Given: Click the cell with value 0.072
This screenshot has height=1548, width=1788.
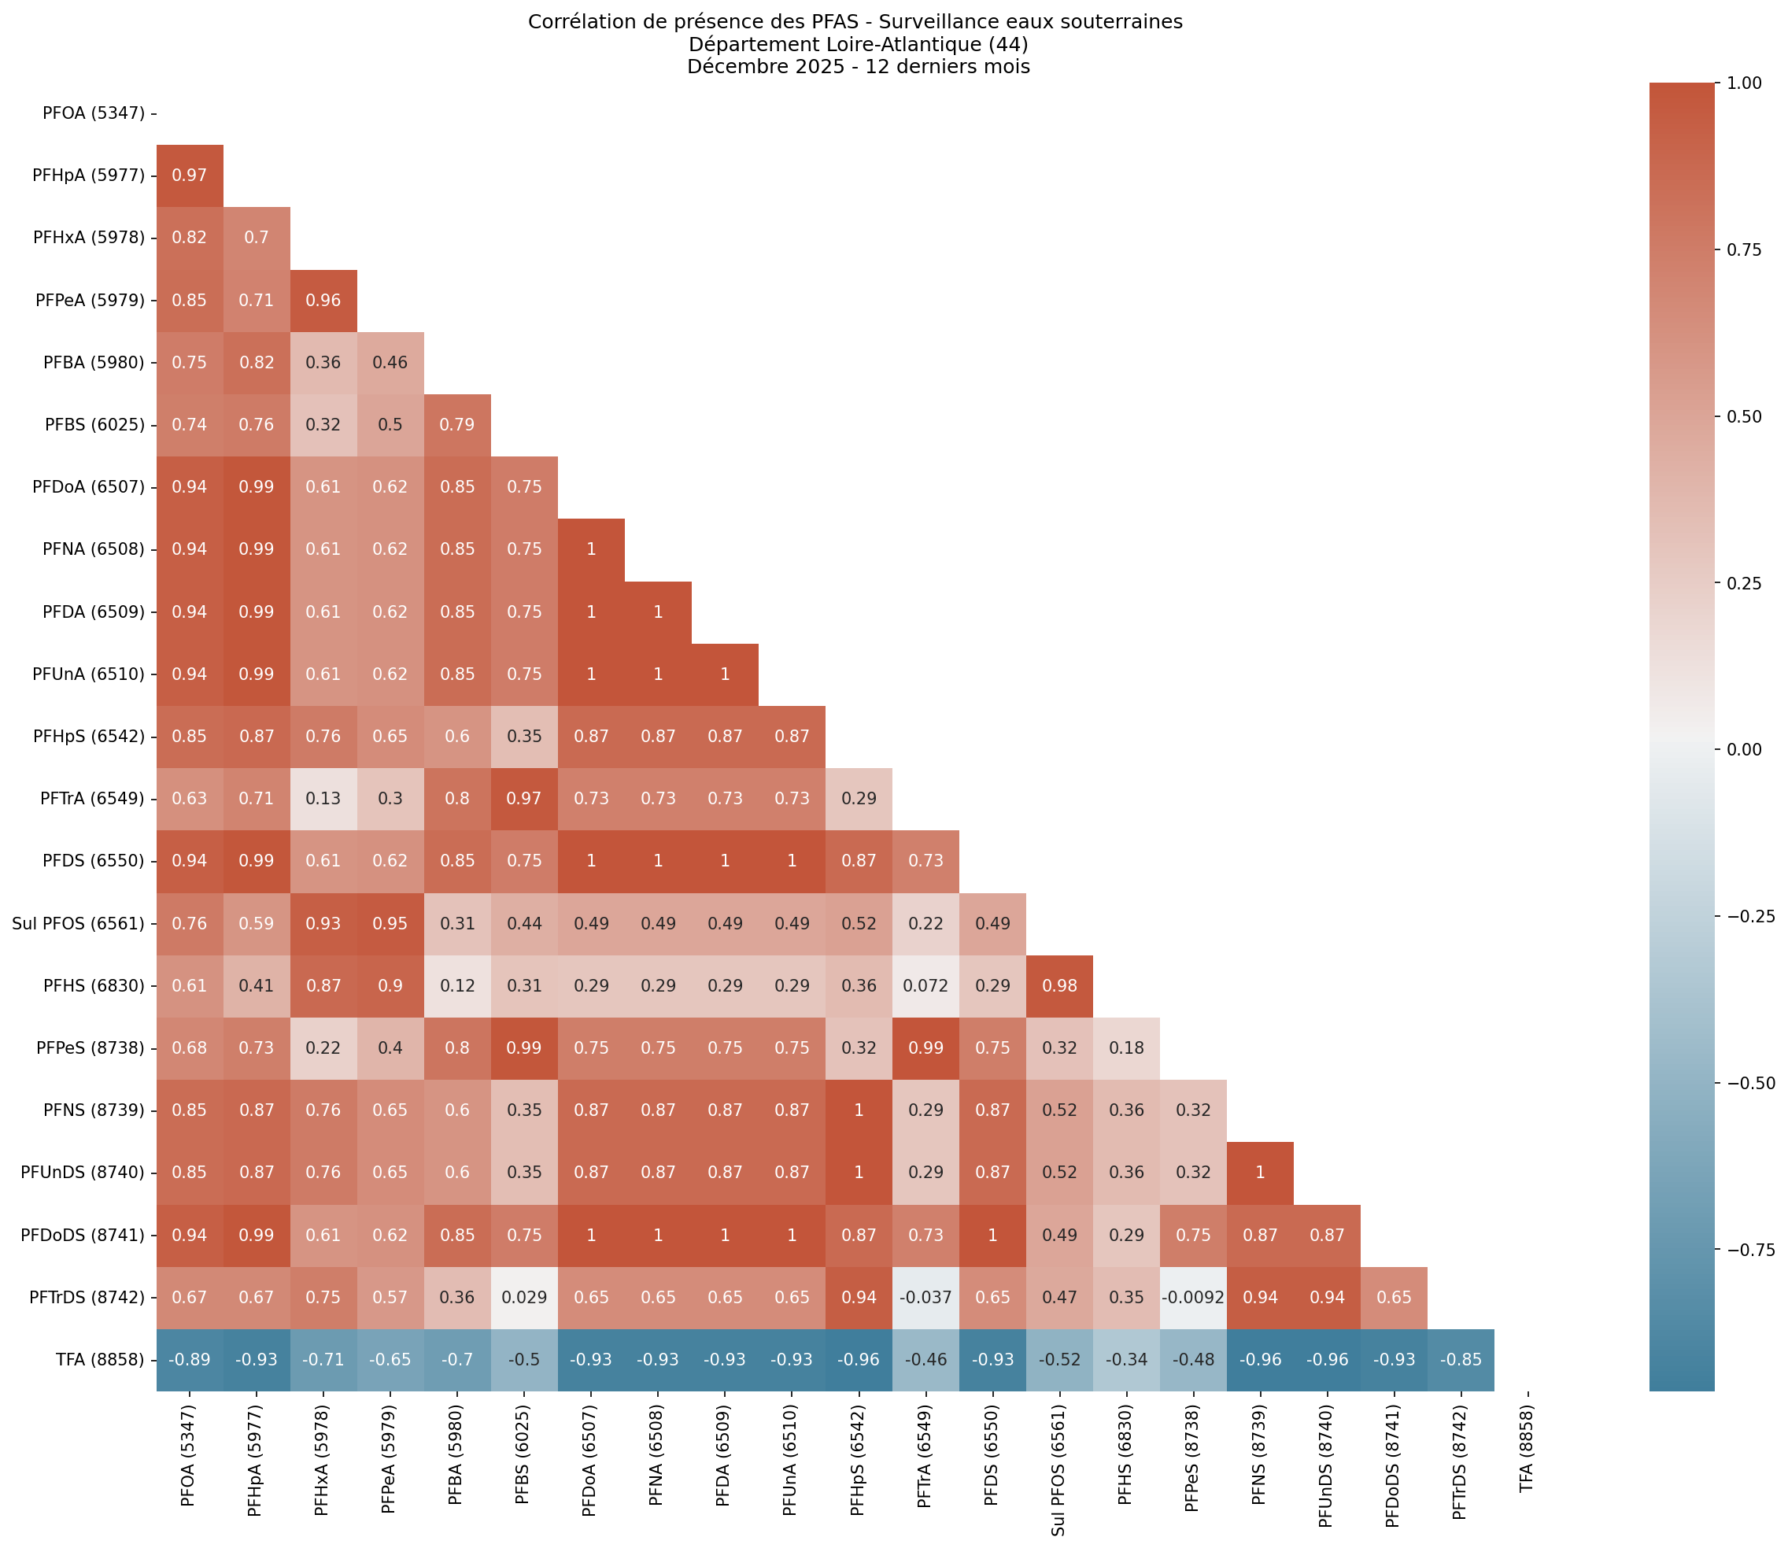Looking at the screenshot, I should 925,985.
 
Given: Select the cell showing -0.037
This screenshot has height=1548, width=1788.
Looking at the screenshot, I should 925,1297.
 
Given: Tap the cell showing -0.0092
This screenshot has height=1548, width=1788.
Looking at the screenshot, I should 1193,1297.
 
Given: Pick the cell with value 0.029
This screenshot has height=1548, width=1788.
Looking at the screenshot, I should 523,1297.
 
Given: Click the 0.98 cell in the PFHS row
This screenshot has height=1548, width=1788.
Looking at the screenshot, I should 1059,985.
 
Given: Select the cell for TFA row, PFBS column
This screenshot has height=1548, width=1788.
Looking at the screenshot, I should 523,1359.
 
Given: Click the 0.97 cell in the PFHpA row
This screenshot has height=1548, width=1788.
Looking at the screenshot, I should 189,175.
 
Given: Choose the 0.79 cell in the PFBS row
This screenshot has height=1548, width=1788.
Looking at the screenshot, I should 457,424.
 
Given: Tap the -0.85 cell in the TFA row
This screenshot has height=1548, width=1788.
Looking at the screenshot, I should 1460,1359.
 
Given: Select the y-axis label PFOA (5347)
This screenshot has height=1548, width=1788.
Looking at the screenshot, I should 94,113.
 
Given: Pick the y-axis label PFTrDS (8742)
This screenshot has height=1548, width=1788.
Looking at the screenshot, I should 87,1297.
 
